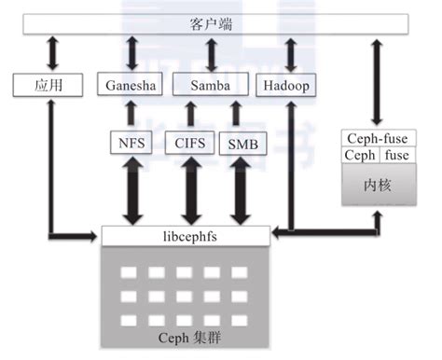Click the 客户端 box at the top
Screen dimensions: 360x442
(x=214, y=22)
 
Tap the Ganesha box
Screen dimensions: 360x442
(x=130, y=87)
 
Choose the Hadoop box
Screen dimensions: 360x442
(x=284, y=87)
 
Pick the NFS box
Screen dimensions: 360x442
(x=131, y=144)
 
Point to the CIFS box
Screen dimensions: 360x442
(x=191, y=144)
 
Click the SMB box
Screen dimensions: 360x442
(x=243, y=144)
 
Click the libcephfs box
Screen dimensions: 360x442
(x=187, y=235)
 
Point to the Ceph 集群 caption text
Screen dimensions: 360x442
(x=186, y=334)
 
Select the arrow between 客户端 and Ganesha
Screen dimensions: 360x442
(x=131, y=54)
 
